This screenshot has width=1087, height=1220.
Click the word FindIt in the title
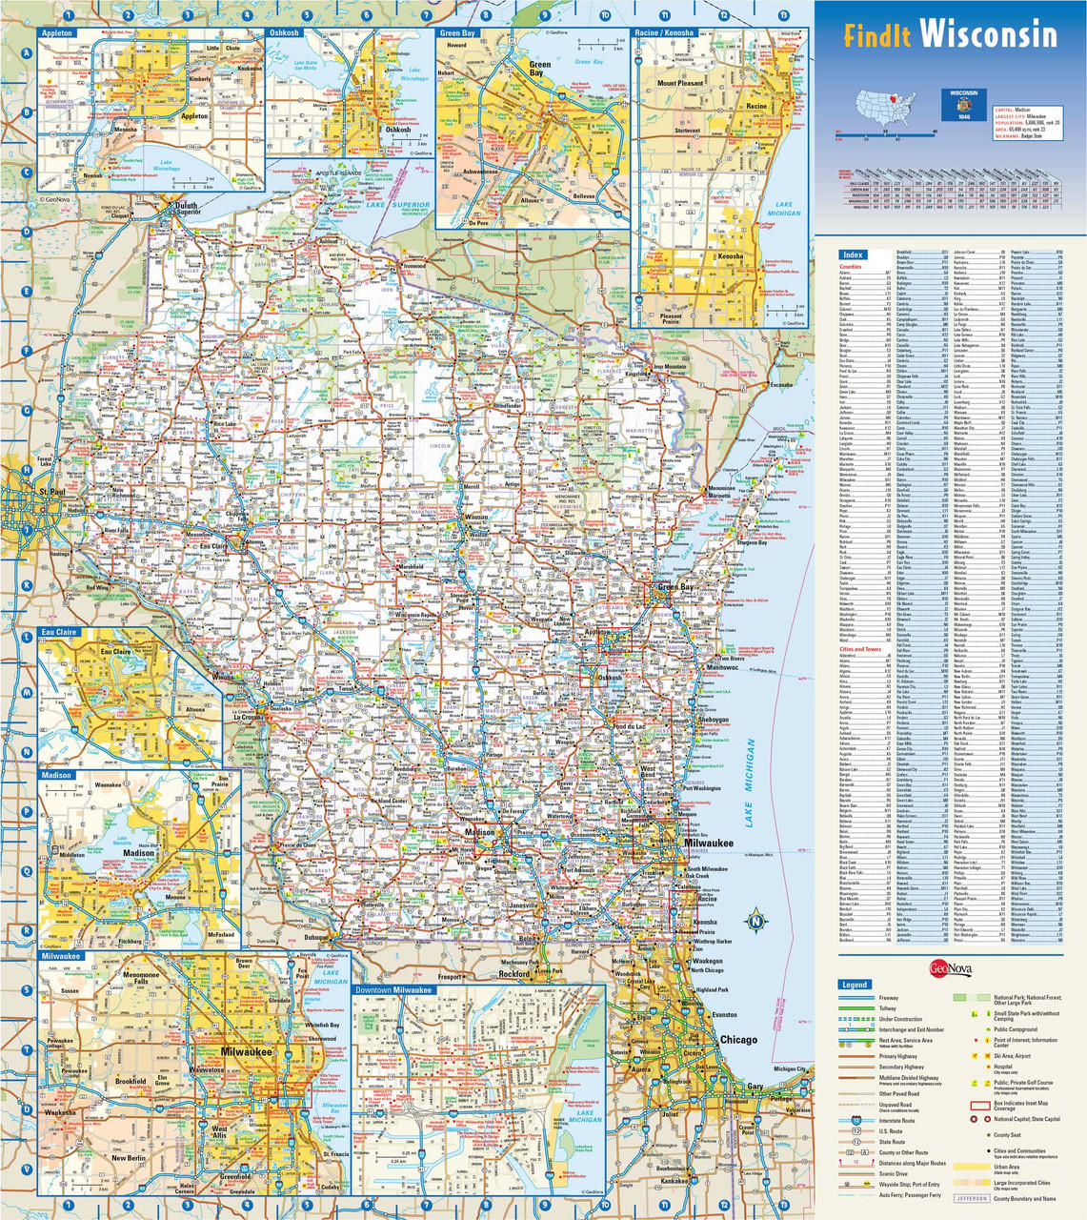(877, 36)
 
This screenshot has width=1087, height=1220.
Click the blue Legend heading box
(855, 985)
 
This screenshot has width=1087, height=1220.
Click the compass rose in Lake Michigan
(755, 921)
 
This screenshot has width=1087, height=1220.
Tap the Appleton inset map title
(58, 32)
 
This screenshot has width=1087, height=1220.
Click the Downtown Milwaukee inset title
(393, 991)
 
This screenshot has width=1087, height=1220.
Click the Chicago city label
(738, 1040)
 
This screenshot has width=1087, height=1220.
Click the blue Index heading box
(853, 254)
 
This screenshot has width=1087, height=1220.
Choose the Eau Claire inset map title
(60, 632)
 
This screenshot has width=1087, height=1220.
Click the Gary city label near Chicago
(755, 1087)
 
